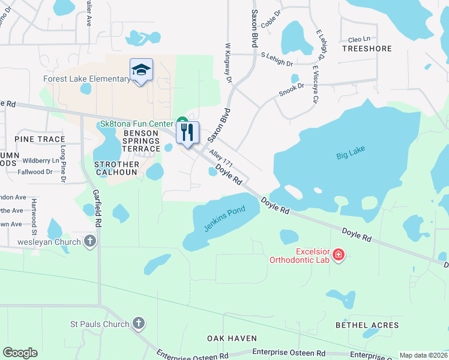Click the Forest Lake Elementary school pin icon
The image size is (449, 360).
tap(141, 70)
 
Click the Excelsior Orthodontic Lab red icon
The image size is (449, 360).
tap(339, 256)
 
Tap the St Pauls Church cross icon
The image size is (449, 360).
tap(138, 324)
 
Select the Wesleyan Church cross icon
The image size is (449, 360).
tap(90, 242)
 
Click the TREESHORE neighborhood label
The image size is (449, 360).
tap(367, 49)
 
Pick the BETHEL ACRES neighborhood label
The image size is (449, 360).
tap(367, 325)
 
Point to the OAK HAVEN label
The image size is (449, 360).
tap(232, 338)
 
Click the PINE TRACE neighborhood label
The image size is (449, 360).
tap(34, 139)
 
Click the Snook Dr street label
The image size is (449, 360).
tap(291, 89)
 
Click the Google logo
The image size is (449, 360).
tap(20, 353)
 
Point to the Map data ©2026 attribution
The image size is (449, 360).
tap(423, 355)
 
